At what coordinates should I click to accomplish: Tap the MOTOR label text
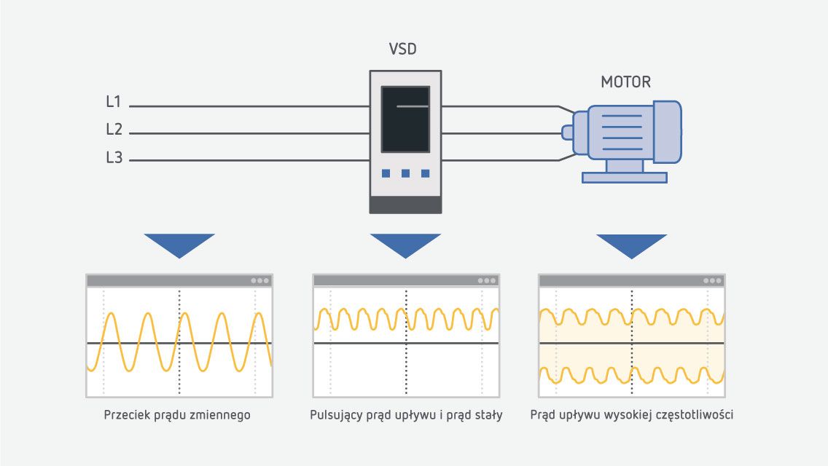[625, 82]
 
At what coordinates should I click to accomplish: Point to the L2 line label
[114, 130]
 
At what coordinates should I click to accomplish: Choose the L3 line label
[114, 157]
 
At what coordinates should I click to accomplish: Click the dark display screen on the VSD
[405, 119]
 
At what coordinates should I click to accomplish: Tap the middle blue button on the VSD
[405, 173]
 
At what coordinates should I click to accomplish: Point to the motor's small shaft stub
[567, 132]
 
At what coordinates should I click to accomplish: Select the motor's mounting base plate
[625, 177]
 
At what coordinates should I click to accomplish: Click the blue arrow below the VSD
[405, 245]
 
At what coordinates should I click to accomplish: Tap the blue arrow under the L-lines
[179, 245]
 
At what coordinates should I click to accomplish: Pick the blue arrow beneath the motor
[631, 245]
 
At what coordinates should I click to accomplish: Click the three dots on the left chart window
[260, 280]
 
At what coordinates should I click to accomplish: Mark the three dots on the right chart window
[712, 280]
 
